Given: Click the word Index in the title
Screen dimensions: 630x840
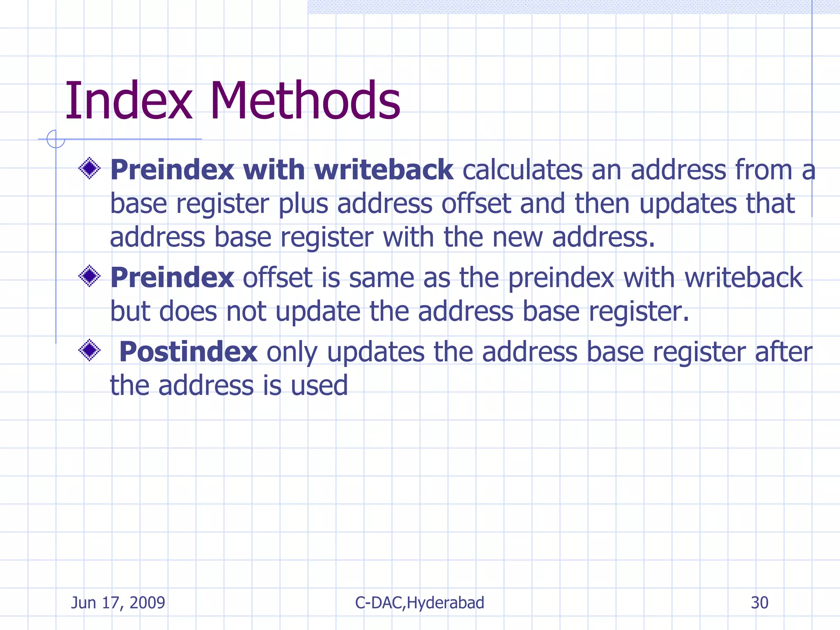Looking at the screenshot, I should pos(128,101).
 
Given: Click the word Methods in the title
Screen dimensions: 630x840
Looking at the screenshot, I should pos(305,101).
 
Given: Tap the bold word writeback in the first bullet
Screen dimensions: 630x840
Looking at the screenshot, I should pos(383,170).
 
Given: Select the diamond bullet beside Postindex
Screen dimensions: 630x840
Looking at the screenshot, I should pos(89,350).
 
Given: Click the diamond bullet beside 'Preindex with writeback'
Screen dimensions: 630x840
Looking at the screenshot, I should pos(89,168).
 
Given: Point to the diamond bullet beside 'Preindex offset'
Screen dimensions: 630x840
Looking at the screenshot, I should pos(89,276).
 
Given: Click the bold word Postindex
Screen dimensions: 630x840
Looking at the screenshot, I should pos(188,352).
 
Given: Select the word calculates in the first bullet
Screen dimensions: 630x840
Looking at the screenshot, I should pos(522,170).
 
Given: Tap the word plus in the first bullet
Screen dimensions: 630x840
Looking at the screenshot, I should pos(304,204).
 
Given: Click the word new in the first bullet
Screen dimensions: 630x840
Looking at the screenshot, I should pos(517,238).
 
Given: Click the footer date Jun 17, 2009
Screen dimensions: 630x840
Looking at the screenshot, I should pos(118,603).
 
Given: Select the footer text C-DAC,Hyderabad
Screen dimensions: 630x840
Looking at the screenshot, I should pos(420,603).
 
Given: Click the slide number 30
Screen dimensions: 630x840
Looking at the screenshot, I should pos(759,603).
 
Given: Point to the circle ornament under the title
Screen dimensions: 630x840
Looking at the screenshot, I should pos(55,139).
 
